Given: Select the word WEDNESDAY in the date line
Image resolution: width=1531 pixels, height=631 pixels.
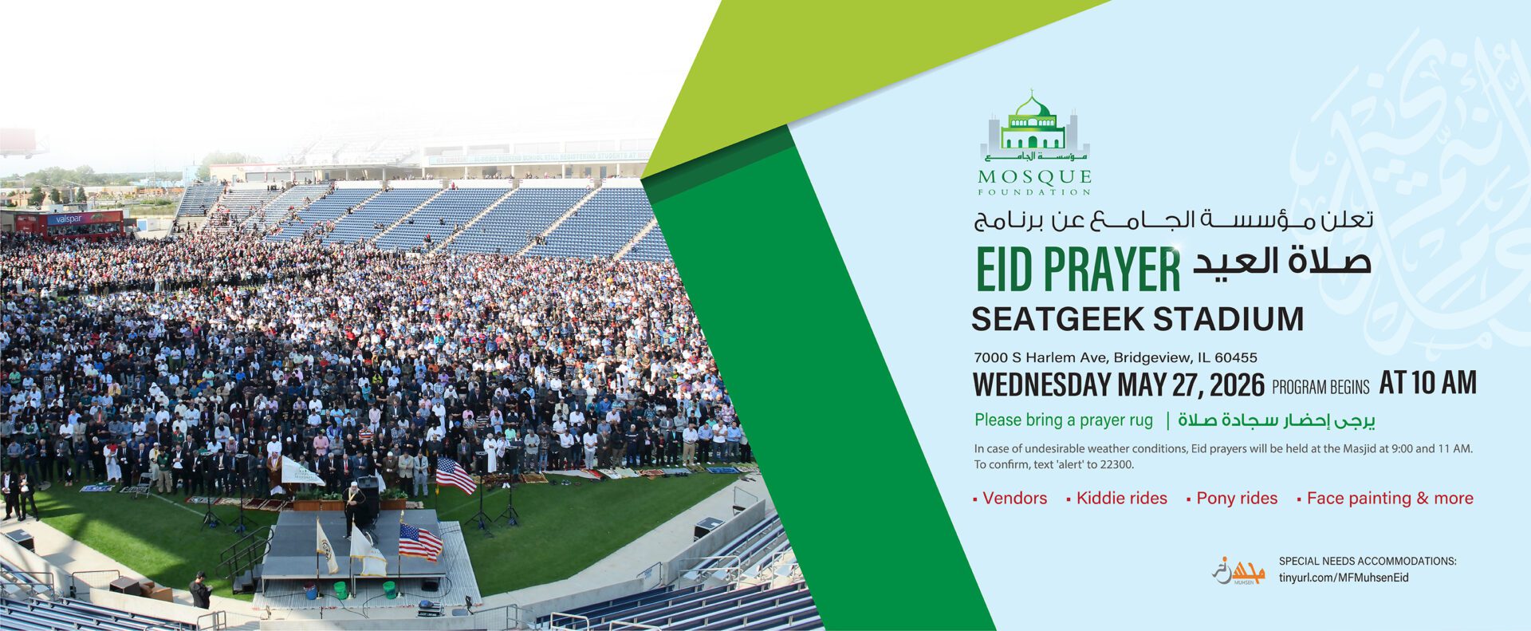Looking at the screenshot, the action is point(1041,385).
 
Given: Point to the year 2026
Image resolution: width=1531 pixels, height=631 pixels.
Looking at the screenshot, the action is point(1237,385).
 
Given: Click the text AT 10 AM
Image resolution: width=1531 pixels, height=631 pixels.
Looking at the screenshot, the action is point(1428,383).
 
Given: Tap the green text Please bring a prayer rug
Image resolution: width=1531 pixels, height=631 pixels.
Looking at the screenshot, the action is point(1064,420).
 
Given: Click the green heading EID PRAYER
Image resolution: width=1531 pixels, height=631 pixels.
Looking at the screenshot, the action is point(1078,270).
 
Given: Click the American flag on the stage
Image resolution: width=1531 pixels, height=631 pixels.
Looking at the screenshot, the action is point(419,542).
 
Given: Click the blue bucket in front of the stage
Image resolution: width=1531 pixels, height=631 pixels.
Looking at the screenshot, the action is point(309,591).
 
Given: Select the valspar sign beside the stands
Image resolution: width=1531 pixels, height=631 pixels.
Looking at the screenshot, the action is point(84,219).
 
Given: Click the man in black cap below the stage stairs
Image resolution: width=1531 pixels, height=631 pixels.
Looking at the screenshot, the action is point(200,590).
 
